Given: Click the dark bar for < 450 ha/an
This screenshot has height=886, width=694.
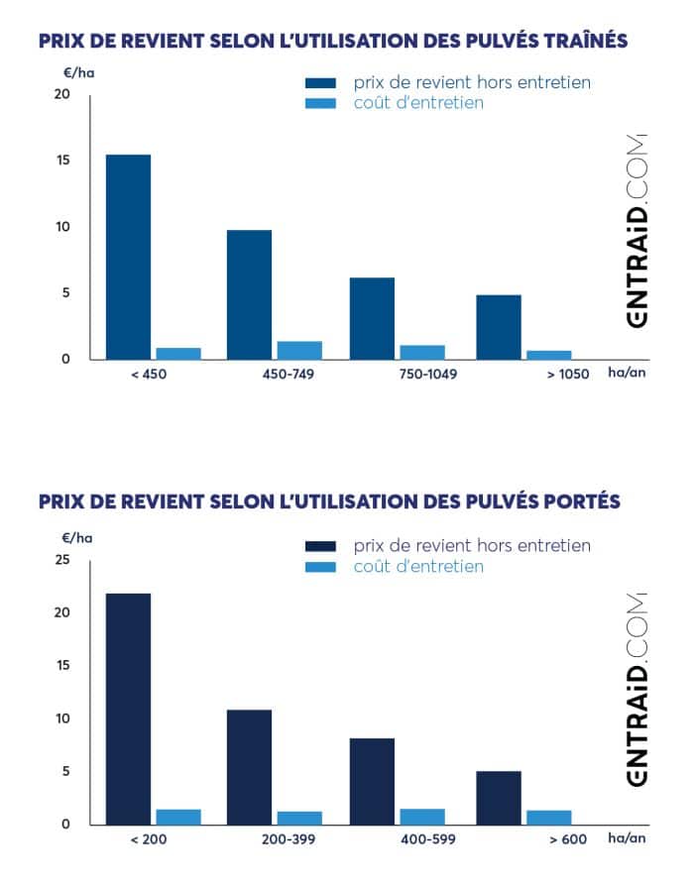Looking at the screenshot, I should pos(129,257).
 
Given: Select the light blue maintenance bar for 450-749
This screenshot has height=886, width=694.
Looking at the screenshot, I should pos(299,350).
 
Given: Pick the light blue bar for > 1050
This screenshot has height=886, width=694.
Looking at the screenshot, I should pos(548,354).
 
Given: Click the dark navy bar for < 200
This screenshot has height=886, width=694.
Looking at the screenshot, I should pos(129,709).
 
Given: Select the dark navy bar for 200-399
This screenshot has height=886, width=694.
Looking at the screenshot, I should pos(249,767).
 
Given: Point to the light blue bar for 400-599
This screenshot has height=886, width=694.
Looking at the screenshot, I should pos(421,817).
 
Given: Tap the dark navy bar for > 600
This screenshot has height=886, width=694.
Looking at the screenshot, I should pos(499,798).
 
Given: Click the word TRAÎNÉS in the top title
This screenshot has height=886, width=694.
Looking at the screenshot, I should pos(572,41).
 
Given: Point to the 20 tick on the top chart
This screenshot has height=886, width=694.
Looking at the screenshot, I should pos(63,94).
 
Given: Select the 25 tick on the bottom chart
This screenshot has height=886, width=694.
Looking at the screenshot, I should pos(63,560).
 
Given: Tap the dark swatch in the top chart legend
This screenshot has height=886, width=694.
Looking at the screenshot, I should pos(321,82).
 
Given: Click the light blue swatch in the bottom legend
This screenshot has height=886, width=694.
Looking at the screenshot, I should pos(321,567).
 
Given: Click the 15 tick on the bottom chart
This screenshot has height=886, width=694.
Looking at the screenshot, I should pos(63,666).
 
